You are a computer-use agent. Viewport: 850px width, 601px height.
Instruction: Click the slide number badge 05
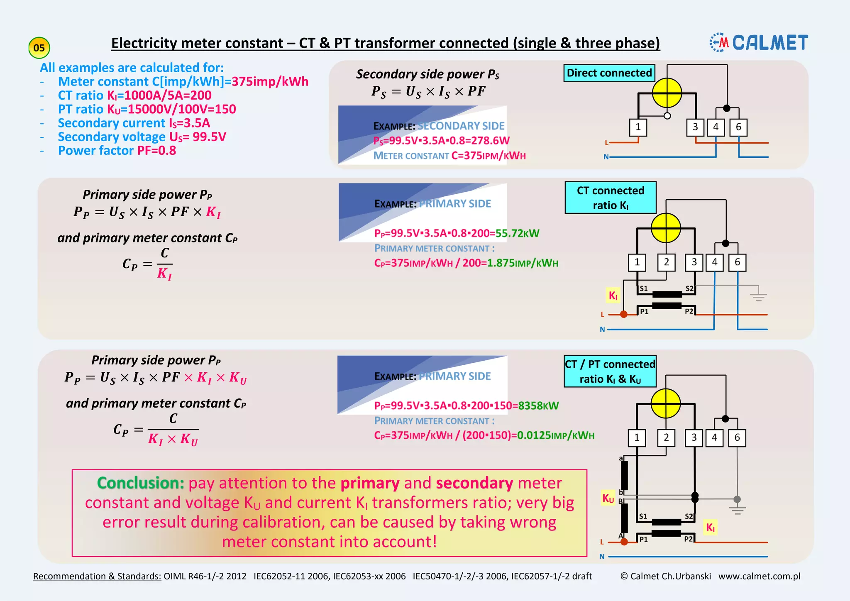click(x=39, y=48)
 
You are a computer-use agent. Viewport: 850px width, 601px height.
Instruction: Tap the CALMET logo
click(x=759, y=43)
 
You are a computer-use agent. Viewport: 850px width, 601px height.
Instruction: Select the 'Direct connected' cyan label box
click(x=609, y=73)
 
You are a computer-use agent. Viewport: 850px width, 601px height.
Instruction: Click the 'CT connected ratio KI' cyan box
click(x=611, y=198)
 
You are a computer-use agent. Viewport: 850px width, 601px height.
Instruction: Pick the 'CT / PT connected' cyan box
click(x=610, y=371)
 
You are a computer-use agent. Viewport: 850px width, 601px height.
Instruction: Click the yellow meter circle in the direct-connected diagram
click(x=667, y=93)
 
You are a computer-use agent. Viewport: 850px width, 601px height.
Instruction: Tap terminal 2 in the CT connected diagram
click(x=666, y=262)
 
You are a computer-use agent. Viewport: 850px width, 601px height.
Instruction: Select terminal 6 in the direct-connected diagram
click(x=738, y=127)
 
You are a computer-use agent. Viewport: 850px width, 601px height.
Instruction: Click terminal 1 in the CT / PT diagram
click(x=637, y=437)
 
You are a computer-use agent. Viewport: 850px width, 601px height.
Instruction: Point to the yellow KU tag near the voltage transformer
click(x=608, y=498)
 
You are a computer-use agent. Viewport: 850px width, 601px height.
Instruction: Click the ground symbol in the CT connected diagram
click(x=758, y=296)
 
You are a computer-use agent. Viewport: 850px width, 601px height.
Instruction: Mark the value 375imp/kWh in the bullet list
click(x=270, y=81)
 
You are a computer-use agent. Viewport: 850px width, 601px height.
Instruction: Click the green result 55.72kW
click(x=517, y=233)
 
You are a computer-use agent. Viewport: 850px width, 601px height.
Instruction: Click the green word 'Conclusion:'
click(x=140, y=483)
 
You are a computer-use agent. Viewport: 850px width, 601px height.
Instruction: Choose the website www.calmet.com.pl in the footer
click(x=759, y=576)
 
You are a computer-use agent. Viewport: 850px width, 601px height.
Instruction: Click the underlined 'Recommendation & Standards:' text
click(x=97, y=576)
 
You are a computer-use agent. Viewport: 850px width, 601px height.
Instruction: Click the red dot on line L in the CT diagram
click(x=623, y=314)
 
